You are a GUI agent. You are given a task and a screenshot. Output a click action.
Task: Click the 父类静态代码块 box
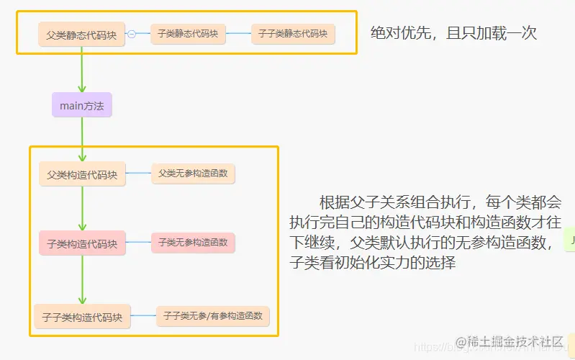81,34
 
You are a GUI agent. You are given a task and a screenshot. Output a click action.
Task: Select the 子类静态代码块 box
188,34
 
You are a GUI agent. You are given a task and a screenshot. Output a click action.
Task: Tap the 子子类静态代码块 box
293,34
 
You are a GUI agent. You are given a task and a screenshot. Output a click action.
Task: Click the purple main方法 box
82,105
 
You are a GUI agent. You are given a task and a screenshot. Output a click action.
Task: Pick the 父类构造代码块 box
82,174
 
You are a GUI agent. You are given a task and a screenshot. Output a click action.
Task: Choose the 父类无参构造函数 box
193,173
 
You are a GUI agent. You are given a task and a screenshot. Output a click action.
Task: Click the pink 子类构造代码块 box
82,243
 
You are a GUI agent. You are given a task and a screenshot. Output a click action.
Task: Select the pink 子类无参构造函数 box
193,243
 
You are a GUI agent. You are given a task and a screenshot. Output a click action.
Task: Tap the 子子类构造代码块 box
82,316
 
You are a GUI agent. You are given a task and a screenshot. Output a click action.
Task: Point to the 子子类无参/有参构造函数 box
212,315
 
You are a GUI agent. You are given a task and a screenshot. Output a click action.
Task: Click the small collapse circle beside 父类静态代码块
132,34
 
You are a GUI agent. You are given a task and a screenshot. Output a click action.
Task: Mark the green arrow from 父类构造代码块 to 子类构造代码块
82,209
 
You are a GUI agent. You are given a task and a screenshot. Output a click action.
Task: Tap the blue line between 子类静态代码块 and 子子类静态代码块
238,34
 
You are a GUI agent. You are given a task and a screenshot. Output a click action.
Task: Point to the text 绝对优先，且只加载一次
453,32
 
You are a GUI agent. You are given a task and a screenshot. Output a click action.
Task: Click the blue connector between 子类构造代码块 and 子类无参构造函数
138,243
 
